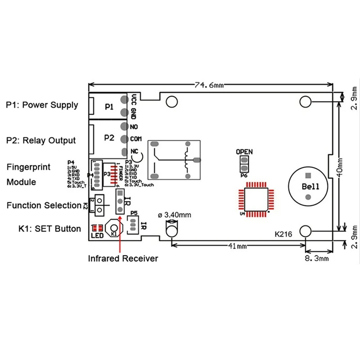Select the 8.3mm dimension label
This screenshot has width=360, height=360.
pyautogui.click(x=318, y=258)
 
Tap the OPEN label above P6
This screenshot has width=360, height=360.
pyautogui.click(x=244, y=152)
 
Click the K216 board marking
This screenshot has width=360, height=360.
pyautogui.click(x=283, y=234)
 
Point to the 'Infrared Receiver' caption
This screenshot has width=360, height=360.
pyautogui.click(x=123, y=258)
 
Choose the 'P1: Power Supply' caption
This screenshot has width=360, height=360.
pyautogui.click(x=42, y=105)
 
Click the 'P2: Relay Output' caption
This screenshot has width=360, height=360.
pyautogui.click(x=41, y=140)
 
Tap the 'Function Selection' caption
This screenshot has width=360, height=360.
pyautogui.click(x=44, y=205)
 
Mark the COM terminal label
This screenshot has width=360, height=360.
pyautogui.click(x=136, y=139)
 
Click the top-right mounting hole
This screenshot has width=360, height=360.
pyautogui.click(x=306, y=102)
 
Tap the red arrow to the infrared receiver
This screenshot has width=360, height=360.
pyautogui.click(x=120, y=225)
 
